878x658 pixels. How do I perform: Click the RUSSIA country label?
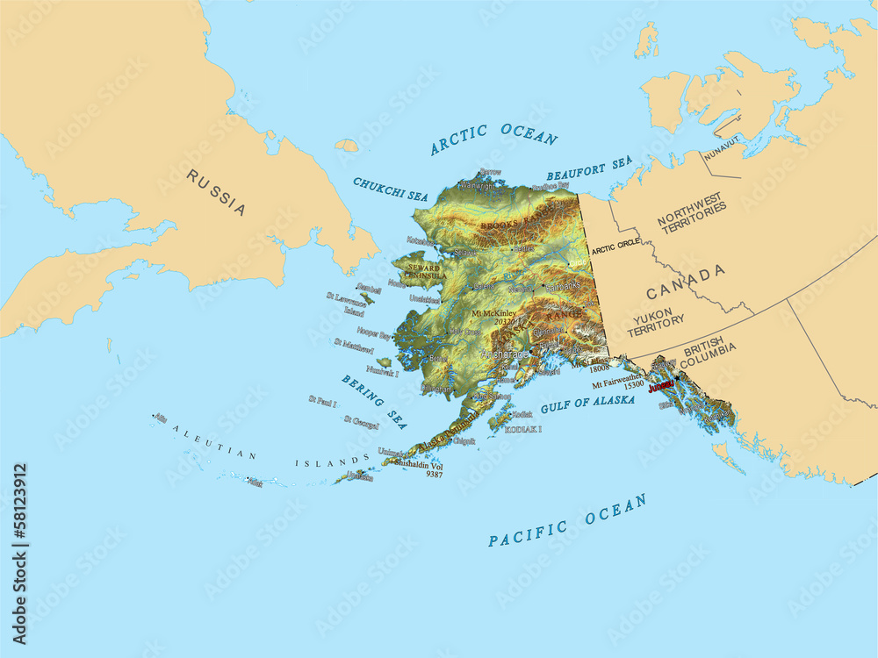click(216, 192)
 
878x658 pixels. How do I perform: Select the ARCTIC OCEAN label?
click(493, 139)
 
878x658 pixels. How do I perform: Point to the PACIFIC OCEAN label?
click(567, 521)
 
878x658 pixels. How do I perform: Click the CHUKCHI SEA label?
click(390, 190)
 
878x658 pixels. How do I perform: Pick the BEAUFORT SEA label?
click(589, 168)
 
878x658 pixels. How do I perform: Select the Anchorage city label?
click(505, 354)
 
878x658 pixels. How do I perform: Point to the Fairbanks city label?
click(562, 286)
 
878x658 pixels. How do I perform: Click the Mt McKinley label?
click(493, 312)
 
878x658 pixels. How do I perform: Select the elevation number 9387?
click(434, 474)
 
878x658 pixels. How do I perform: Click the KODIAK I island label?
click(522, 430)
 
